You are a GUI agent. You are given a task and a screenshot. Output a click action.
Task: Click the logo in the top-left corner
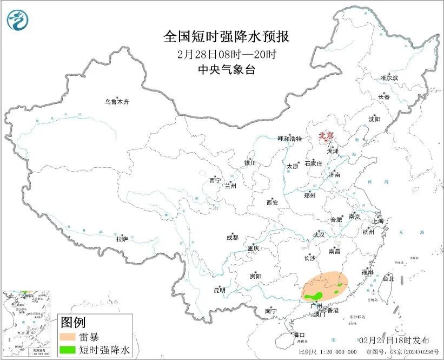(17, 20)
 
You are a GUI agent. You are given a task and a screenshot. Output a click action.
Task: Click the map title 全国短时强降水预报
(227, 37)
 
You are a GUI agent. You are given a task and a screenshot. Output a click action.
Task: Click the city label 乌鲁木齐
(117, 102)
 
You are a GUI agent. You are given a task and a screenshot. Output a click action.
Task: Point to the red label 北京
(327, 136)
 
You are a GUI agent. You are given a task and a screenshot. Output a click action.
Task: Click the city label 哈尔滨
(389, 78)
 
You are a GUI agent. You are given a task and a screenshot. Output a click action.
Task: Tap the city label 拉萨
(122, 238)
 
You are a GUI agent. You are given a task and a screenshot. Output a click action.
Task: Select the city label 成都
(232, 237)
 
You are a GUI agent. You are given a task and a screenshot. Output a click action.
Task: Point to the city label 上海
(377, 221)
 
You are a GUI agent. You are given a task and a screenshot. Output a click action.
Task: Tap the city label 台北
(388, 279)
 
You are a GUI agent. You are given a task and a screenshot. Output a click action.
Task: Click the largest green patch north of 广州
(314, 296)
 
